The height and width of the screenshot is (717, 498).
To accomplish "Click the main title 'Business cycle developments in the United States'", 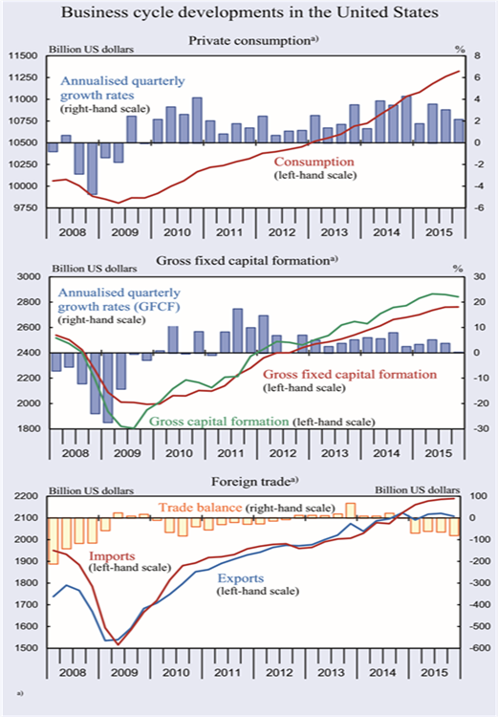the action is [x=249, y=12].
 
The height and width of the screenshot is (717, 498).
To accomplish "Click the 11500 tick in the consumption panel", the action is [x=24, y=55].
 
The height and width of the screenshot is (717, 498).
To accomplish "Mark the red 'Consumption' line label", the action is [x=314, y=162].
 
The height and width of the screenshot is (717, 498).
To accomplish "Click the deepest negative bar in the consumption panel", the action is [x=92, y=168].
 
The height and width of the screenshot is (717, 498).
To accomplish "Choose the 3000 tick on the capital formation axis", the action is [x=30, y=276].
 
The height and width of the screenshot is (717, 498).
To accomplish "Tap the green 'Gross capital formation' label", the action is [x=219, y=422].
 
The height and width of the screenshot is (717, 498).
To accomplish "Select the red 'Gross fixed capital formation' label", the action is [x=350, y=375].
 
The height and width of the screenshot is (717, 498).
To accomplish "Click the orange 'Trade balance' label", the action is [x=200, y=508].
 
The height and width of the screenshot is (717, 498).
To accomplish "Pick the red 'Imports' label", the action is [x=112, y=556].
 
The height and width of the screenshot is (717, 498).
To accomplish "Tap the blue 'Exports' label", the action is [x=241, y=578].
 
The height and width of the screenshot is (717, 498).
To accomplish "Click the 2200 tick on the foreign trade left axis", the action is [x=29, y=496].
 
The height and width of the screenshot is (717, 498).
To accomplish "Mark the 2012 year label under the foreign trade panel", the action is [x=279, y=673].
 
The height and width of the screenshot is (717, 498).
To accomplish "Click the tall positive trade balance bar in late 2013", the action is [x=351, y=511].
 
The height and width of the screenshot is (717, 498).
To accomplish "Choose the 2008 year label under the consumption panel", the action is [x=73, y=232].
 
